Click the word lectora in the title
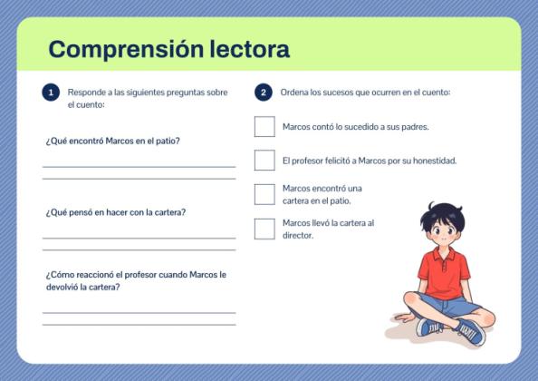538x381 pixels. click(247, 49)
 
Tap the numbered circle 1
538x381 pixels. click(51, 93)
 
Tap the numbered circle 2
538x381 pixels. click(264, 93)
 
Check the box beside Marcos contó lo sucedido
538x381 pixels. click(264, 127)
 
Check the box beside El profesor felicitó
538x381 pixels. click(264, 161)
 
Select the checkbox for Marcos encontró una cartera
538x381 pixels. click(264, 194)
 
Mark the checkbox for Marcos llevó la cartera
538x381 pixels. click(264, 229)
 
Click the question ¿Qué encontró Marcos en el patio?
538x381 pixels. click(112, 142)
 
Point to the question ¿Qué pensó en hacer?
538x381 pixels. click(116, 212)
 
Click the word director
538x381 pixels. click(298, 235)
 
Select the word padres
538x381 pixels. click(412, 127)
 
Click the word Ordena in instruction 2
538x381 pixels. click(294, 93)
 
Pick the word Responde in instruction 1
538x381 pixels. click(86, 93)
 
